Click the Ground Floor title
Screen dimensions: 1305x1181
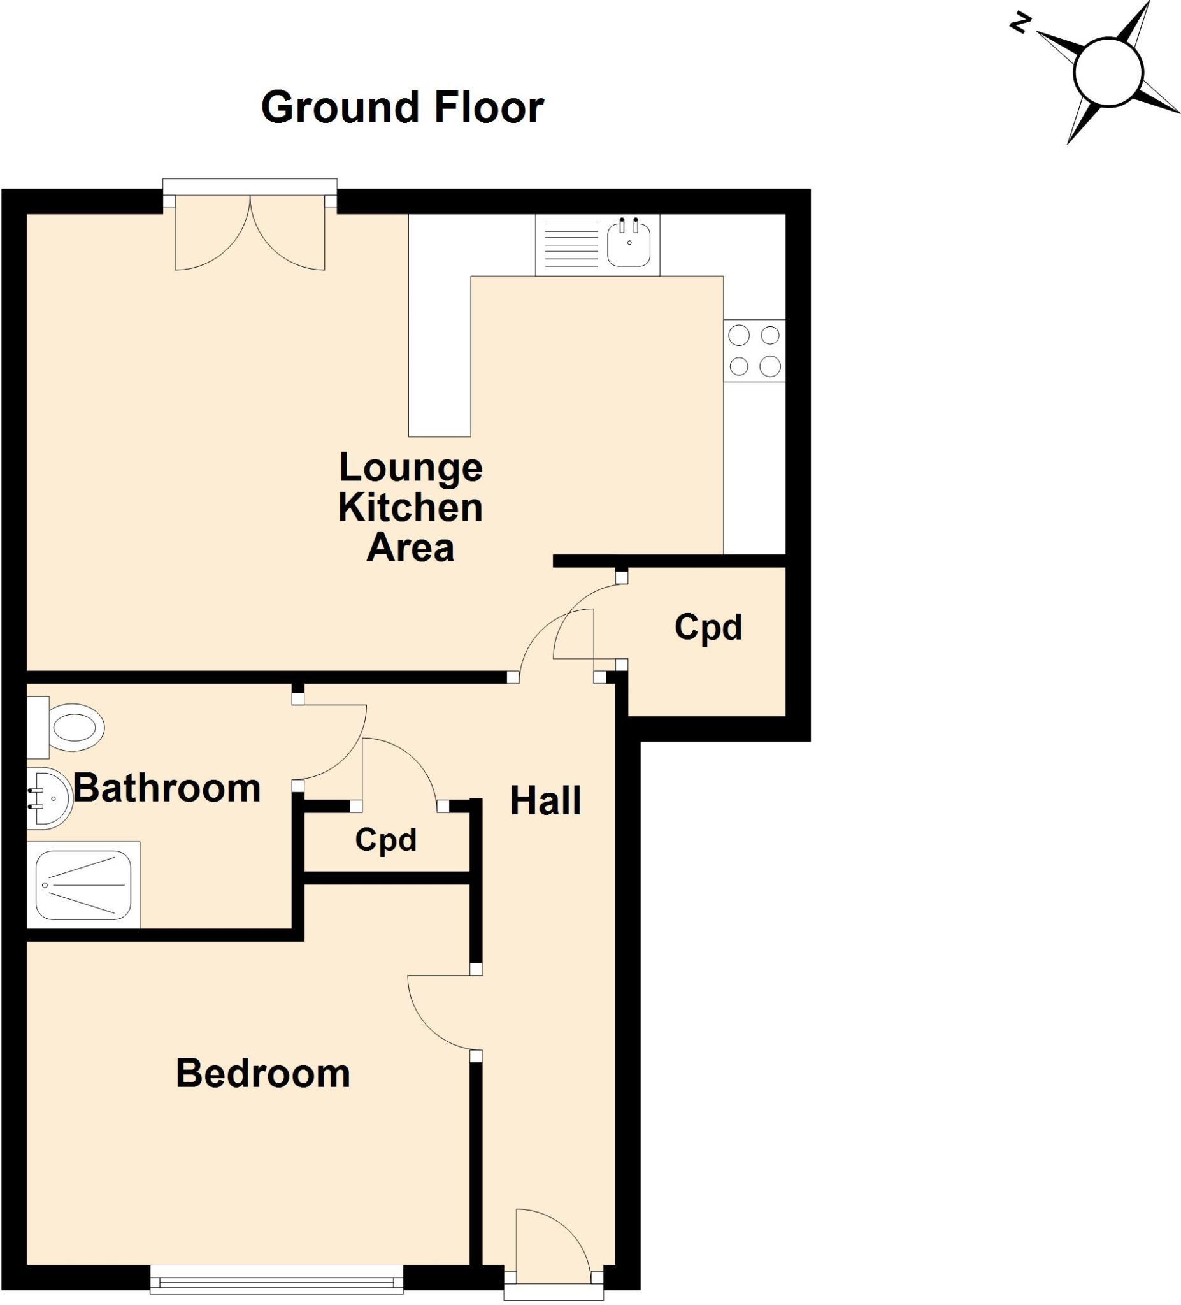click(x=402, y=108)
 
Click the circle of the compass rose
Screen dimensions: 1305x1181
click(x=1108, y=73)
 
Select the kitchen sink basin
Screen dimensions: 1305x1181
click(x=628, y=243)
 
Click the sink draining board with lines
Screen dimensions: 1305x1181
click(x=571, y=245)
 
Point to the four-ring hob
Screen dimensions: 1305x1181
click(x=754, y=351)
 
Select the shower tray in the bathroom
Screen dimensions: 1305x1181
click(x=83, y=886)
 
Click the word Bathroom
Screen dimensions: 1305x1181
click(x=167, y=788)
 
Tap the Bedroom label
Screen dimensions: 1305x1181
click(x=262, y=1074)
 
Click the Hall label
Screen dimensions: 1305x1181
click(x=545, y=801)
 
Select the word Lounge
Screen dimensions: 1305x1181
click(x=410, y=467)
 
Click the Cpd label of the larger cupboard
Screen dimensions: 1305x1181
click(x=708, y=627)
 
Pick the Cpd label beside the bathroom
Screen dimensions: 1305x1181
click(x=385, y=840)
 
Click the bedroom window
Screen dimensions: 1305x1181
click(x=276, y=1281)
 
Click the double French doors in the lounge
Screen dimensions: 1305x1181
click(x=250, y=233)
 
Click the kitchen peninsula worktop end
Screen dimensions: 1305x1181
click(x=439, y=414)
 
